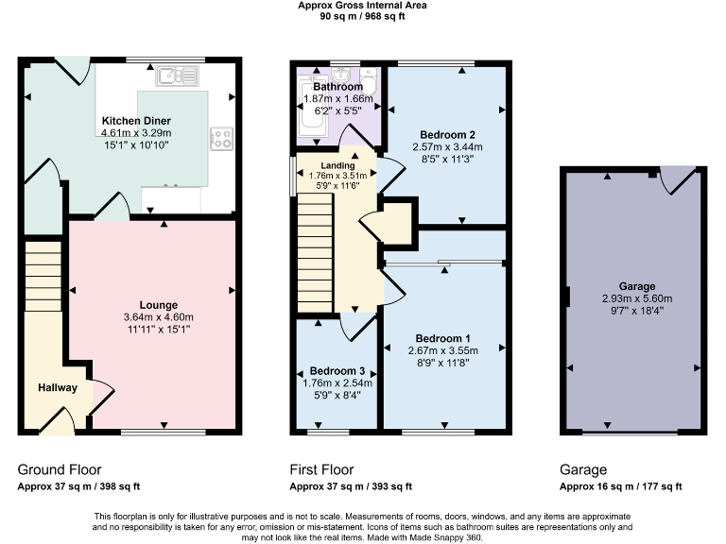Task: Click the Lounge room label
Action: pyautogui.click(x=159, y=304)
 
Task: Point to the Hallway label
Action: pyautogui.click(x=58, y=388)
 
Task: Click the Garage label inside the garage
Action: pyautogui.click(x=632, y=286)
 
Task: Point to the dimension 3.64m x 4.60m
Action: pyautogui.click(x=159, y=317)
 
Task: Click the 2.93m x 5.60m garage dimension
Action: pyautogui.click(x=632, y=298)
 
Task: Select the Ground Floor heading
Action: pyautogui.click(x=60, y=469)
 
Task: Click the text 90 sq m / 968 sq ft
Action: pyautogui.click(x=363, y=16)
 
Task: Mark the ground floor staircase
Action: pyautogui.click(x=42, y=274)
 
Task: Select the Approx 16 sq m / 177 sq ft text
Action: pyautogui.click(x=620, y=487)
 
